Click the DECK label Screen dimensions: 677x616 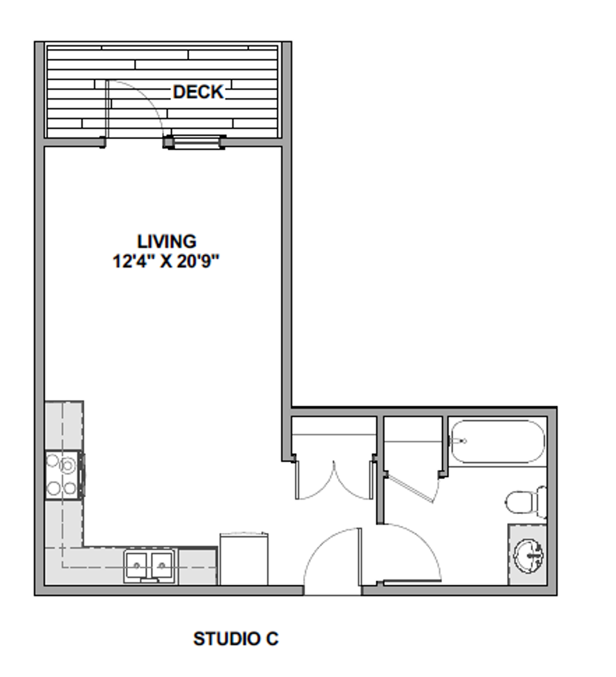(198, 92)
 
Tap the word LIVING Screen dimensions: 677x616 (167, 241)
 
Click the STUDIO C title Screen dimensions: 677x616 (236, 639)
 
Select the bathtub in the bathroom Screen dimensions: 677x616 (498, 441)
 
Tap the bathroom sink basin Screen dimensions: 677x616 (529, 555)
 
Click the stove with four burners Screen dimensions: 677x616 (63, 475)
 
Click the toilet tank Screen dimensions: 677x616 (542, 501)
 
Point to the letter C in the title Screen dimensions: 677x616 (272, 639)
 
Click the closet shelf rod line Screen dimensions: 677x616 (333, 434)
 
